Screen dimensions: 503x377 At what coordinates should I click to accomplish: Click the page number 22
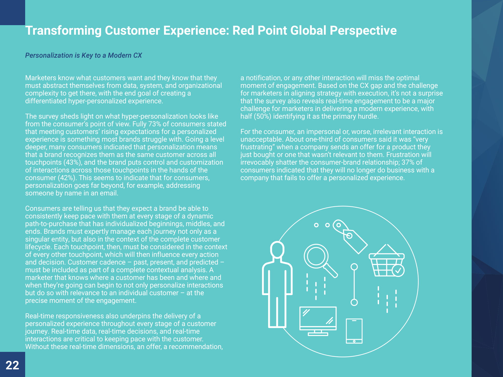(12, 365)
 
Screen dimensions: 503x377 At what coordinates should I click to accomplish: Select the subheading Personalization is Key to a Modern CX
(83, 55)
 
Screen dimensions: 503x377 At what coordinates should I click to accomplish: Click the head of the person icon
(277, 249)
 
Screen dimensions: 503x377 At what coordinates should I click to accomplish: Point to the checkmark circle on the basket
(398, 270)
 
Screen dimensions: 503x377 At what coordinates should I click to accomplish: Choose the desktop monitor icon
(318, 321)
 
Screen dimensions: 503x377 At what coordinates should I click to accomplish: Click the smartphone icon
(354, 331)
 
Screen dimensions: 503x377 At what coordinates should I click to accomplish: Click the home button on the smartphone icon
(354, 341)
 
